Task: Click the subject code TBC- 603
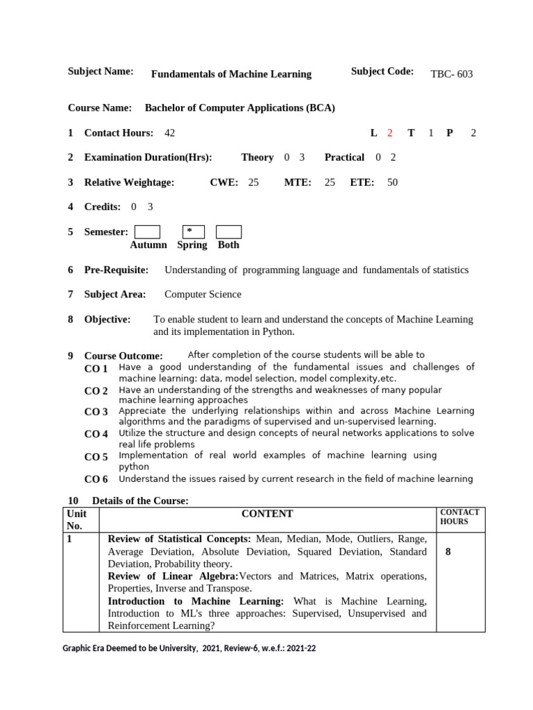pos(451,74)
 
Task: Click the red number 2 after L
pos(390,132)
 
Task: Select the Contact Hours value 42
pos(170,132)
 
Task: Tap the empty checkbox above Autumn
pos(147,232)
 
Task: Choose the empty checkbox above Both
pos(228,232)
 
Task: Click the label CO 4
pos(96,434)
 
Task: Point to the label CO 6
pos(96,479)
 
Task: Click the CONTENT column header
pos(267,514)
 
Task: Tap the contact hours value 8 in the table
pos(448,553)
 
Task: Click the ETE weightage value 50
pos(392,182)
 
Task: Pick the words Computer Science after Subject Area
pos(203,294)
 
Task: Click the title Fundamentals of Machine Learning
pos(231,74)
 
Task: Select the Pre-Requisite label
pos(116,270)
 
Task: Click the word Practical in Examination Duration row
pos(344,157)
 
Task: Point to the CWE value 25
pos(253,182)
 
